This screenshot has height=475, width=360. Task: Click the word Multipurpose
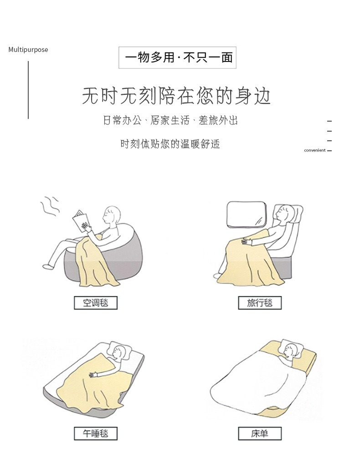[x=28, y=50]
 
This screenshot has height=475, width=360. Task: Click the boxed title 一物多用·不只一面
[x=177, y=57]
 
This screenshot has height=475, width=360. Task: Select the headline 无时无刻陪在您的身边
[x=177, y=96]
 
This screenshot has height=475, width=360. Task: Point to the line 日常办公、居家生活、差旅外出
[x=170, y=121]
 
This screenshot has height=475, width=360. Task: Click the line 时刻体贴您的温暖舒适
[x=170, y=144]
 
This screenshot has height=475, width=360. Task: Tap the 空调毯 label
[x=96, y=303]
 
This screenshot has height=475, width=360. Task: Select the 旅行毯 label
[x=260, y=303]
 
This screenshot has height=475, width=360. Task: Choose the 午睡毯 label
[x=96, y=433]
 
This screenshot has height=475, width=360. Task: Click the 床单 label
[x=260, y=433]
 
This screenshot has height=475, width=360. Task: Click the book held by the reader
[x=81, y=219]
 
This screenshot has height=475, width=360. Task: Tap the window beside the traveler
[x=246, y=214]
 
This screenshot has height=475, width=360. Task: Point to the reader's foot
[x=46, y=265]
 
